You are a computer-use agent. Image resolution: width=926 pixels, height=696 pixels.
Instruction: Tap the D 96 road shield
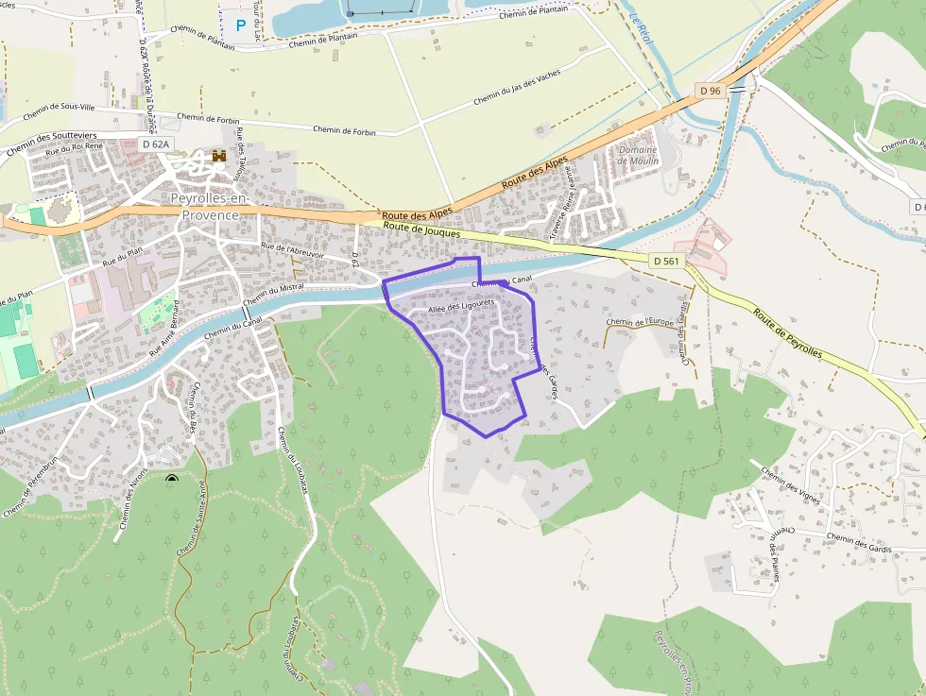[x=711, y=91]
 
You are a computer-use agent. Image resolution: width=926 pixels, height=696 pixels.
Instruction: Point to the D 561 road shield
[x=666, y=261]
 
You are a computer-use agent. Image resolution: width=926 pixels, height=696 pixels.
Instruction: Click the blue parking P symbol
[x=240, y=25]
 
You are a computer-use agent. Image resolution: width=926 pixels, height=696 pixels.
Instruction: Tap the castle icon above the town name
[x=219, y=156]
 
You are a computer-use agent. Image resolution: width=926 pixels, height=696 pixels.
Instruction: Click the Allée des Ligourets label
[x=461, y=307]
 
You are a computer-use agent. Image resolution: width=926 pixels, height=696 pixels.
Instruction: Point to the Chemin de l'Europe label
[x=640, y=323]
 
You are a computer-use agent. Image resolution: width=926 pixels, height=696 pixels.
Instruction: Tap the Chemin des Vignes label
[x=790, y=487]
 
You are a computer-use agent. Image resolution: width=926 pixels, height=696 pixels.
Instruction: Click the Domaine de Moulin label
[x=638, y=155]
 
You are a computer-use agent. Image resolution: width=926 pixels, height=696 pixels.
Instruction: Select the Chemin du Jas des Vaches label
[x=517, y=87]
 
